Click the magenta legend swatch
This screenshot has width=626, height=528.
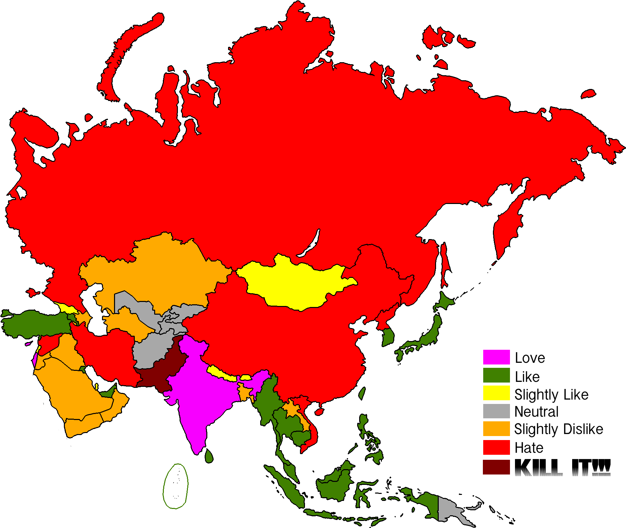coord(496,357)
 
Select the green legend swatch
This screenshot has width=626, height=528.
coord(496,375)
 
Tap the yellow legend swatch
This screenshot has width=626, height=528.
coord(496,393)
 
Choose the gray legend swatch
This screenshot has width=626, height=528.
coord(496,411)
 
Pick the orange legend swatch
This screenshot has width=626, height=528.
coord(496,429)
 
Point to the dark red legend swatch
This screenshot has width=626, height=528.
coord(496,467)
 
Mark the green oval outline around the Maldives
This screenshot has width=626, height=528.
coord(164,485)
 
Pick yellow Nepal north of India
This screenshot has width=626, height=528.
coord(221,373)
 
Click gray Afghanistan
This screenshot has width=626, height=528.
coord(150,351)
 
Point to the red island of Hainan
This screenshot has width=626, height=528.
coord(319,412)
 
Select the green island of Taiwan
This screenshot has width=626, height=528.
coord(362,393)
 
